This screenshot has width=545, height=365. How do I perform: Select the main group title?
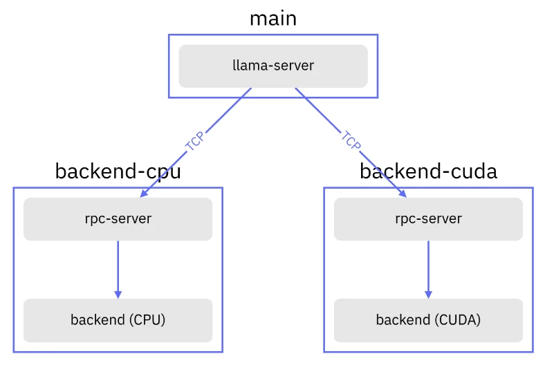(x=273, y=19)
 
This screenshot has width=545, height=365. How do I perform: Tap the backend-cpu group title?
(x=118, y=171)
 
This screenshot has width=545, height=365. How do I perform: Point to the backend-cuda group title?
(x=428, y=171)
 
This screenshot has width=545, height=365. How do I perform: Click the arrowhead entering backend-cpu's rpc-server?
(x=144, y=194)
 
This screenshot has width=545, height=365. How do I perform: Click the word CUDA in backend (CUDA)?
(x=459, y=320)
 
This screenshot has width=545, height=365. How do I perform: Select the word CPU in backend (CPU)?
(x=147, y=320)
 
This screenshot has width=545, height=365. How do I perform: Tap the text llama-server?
(x=273, y=66)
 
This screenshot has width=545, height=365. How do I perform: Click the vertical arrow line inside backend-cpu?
(x=118, y=266)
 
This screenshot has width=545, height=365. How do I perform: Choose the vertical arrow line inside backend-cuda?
(x=428, y=266)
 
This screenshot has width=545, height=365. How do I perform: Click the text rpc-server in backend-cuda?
(x=428, y=219)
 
